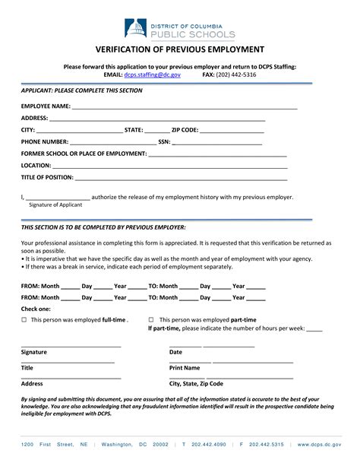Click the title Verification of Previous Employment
point(179,49)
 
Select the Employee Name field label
point(46,106)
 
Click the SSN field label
point(163,142)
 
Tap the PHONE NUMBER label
point(44,142)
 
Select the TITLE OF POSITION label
point(47,177)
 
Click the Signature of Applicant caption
point(55,204)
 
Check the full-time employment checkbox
point(24,320)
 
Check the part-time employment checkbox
point(151,320)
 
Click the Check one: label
point(36,309)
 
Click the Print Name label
point(185,367)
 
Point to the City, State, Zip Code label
point(196,384)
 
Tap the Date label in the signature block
point(175,352)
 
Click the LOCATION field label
point(36,165)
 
